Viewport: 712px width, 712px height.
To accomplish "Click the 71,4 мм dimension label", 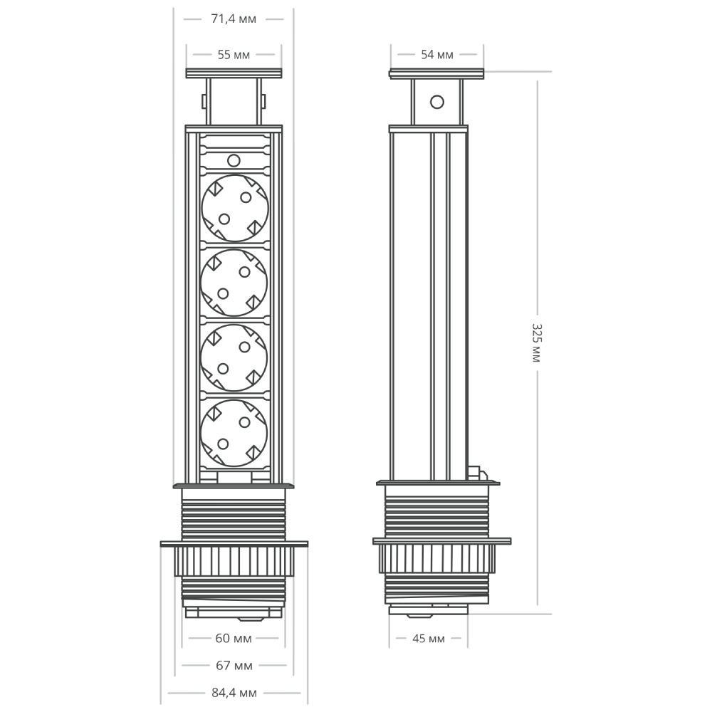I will point(234,19).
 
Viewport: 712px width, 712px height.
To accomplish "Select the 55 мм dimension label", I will point(234,55).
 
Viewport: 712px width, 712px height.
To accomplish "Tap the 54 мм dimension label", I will point(437,55).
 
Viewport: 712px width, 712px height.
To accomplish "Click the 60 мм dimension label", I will point(234,638).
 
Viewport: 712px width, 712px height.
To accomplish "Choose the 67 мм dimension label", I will point(234,666).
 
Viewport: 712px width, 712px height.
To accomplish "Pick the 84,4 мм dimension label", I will point(234,693).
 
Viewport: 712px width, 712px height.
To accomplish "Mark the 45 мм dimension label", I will point(429,639).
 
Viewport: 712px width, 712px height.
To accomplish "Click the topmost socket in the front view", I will point(234,206).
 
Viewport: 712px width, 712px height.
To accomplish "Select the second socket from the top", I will point(234,282).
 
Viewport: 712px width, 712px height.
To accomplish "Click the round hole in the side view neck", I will point(436,102).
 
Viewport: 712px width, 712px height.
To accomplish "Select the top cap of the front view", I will point(234,73).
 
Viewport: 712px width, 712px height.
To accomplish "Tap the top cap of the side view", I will point(437,73).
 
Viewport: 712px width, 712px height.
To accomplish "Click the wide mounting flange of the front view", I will point(234,544).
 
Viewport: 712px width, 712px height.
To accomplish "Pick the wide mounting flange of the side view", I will point(441,541).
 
